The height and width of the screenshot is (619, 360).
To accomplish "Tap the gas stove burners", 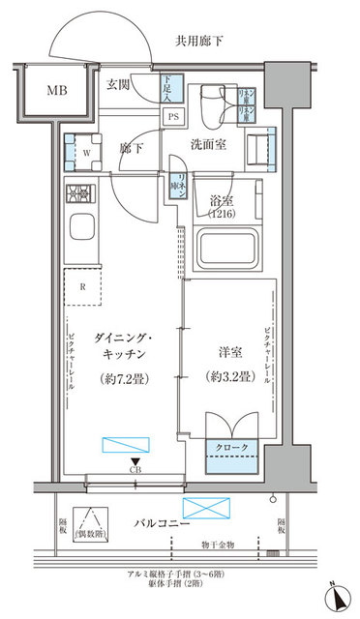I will click(x=79, y=193).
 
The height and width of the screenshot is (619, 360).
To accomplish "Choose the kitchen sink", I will click(x=80, y=232).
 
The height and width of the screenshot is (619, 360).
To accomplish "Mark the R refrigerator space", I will click(x=84, y=286).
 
